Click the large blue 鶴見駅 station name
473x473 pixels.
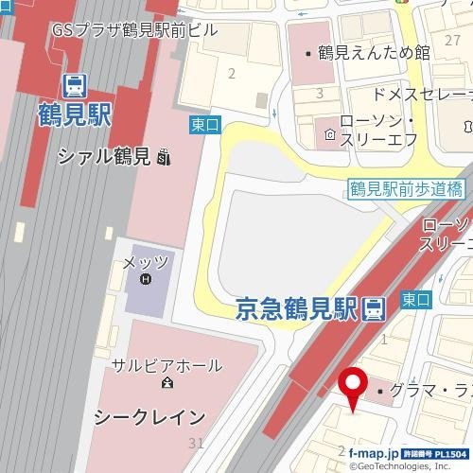[x=76, y=115]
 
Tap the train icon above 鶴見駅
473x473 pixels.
[x=75, y=86]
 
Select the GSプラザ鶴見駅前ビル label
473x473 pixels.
[x=134, y=29]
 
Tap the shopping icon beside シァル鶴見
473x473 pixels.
[x=166, y=157]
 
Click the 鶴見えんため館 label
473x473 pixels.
[x=374, y=52]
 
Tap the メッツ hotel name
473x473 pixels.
[x=146, y=260]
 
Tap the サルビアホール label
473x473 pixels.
[x=166, y=365]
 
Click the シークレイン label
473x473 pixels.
[x=150, y=416]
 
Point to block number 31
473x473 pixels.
[x=196, y=443]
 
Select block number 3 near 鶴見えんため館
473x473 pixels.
[x=320, y=93]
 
